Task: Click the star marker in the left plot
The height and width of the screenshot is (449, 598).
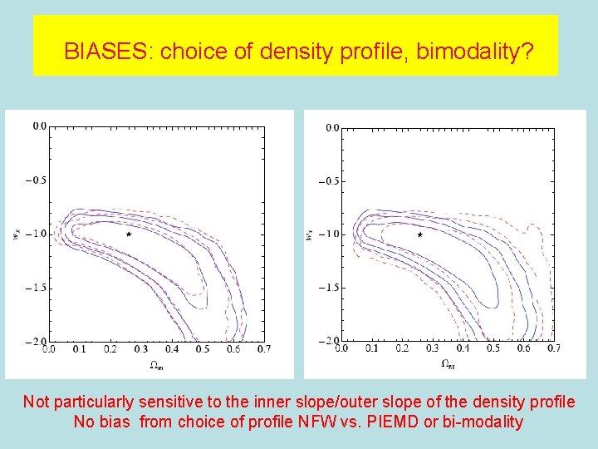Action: [x=128, y=234]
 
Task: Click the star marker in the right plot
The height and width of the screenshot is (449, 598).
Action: [x=420, y=234]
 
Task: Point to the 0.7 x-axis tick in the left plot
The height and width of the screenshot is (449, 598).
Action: [x=264, y=350]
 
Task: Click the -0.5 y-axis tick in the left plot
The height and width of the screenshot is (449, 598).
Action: [x=37, y=180]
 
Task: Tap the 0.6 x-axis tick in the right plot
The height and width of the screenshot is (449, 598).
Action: [x=523, y=350]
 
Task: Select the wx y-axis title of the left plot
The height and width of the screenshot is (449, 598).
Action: [x=17, y=234]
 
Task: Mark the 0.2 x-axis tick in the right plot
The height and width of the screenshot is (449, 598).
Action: [x=401, y=350]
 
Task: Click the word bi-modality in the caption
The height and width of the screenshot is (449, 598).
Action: [x=483, y=422]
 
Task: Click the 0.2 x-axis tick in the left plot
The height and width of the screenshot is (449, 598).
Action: [x=110, y=350]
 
